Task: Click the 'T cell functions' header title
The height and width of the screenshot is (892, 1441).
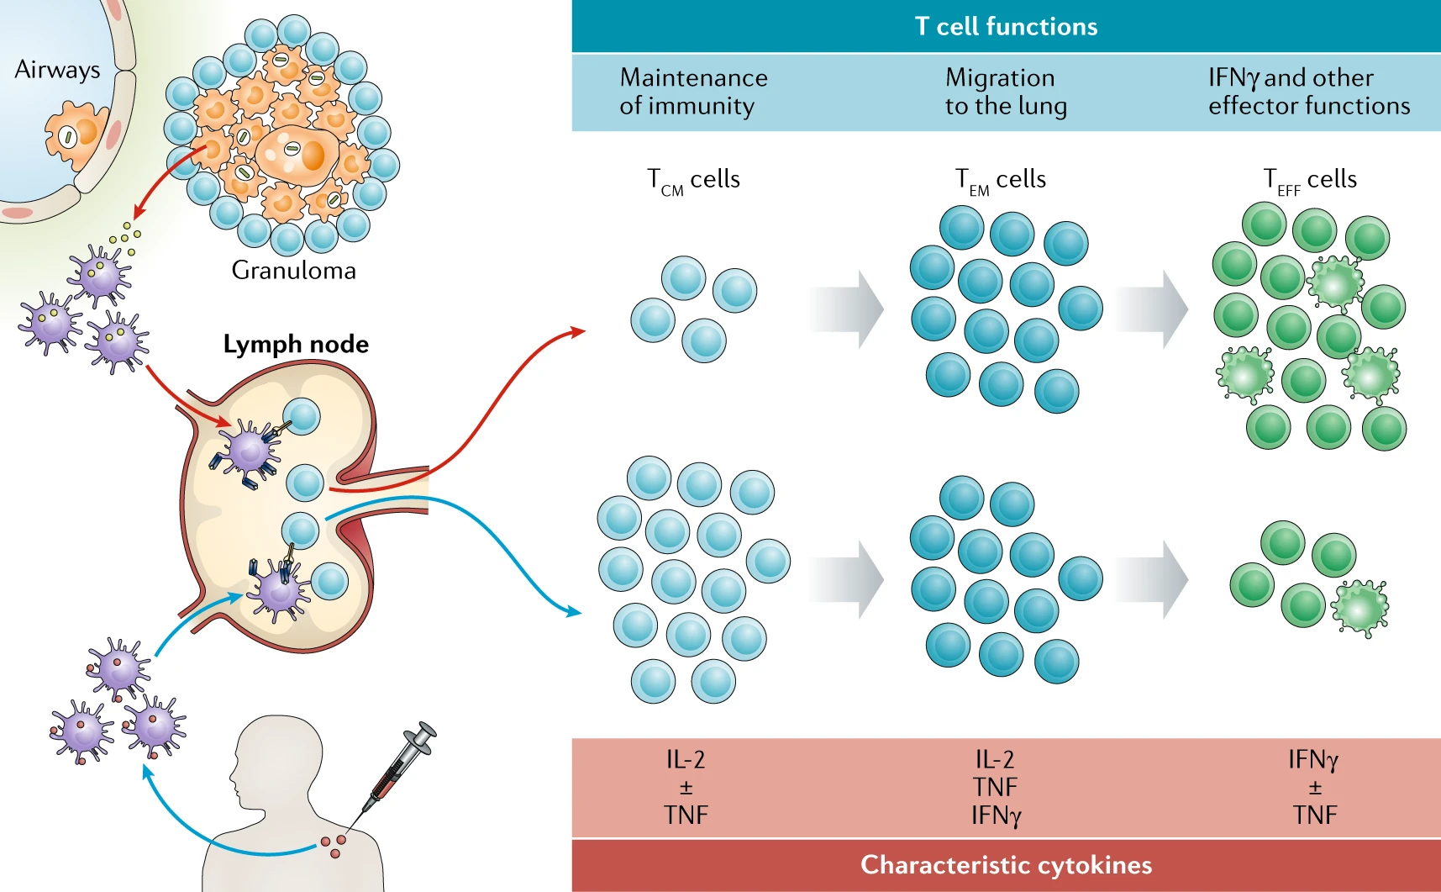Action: coord(1006,26)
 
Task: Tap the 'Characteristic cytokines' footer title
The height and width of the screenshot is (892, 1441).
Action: coord(1006,865)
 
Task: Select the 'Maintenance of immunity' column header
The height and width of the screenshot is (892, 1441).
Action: coord(693,92)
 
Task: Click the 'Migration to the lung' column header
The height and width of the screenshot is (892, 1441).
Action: coord(1005,92)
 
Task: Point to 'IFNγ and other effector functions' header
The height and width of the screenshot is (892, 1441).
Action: coord(1308,92)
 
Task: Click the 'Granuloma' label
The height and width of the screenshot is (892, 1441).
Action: coord(293,271)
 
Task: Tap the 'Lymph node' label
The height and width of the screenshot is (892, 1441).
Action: coord(296,344)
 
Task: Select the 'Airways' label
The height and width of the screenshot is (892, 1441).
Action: coord(57,70)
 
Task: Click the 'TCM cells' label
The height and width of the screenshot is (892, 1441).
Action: coord(693,180)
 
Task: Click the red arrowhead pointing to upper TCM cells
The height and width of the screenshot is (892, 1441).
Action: coord(577,331)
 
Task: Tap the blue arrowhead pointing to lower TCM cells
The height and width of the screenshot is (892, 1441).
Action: coord(574,611)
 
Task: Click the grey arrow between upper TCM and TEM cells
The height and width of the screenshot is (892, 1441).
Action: coord(847,309)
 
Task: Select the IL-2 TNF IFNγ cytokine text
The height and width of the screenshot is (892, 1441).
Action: coord(996,788)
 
